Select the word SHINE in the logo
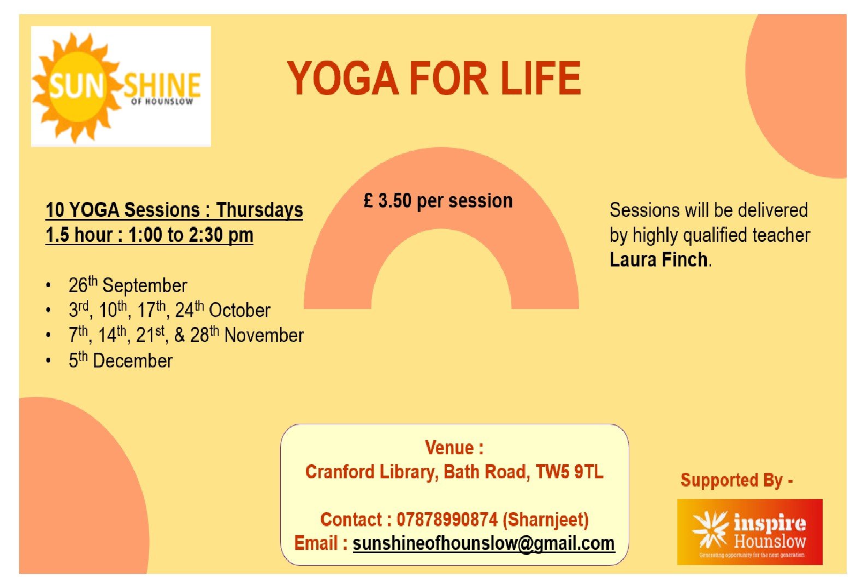point(162,85)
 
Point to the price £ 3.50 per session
point(438,201)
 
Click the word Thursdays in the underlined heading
point(259,211)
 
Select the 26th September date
point(128,285)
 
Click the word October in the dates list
point(239,310)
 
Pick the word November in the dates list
point(264,335)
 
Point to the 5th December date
point(121,360)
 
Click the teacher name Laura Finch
point(659,259)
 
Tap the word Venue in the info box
point(449,448)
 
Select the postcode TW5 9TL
point(569,472)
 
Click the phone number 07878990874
point(447,520)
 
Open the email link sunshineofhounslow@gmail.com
point(483,543)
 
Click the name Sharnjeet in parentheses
point(546,520)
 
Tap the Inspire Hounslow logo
point(749,532)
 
